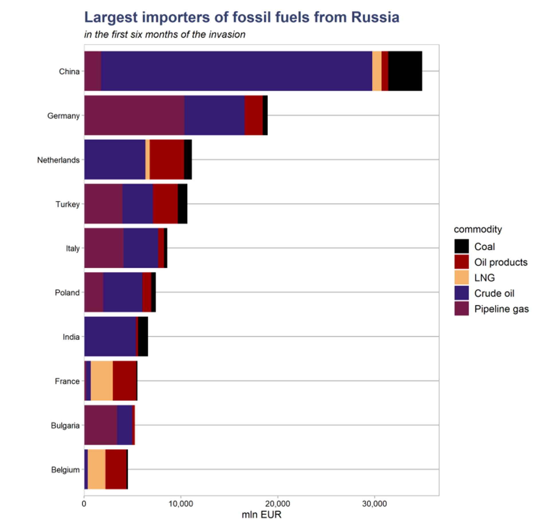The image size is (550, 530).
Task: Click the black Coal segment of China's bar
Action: pos(405,71)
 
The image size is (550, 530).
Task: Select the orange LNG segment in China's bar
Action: pos(377,71)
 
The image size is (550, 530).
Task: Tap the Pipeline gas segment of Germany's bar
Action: pos(134,115)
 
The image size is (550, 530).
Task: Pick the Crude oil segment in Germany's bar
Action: pos(214,115)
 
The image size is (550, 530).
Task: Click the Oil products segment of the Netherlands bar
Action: pos(167,159)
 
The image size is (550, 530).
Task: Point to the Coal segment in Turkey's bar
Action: pos(182,204)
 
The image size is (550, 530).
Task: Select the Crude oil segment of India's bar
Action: pos(110,336)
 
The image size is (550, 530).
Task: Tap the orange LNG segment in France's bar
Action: pos(102,381)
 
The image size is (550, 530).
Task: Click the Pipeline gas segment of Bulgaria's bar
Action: pos(101,425)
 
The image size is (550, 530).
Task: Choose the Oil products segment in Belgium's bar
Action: pos(116,469)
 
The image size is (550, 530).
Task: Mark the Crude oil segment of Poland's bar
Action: pos(123,292)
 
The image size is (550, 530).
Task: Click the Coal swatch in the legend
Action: pos(461,246)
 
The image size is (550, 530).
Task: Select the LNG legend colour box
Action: pos(461,278)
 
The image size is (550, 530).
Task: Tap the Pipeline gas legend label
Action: pos(501,309)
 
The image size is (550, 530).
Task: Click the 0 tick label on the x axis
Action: pos(84,504)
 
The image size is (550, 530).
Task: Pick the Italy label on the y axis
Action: pos(72,248)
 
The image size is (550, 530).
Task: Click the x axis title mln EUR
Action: pos(262,515)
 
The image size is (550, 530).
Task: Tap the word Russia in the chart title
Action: pos(375,17)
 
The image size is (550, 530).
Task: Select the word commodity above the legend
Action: pos(478,229)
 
